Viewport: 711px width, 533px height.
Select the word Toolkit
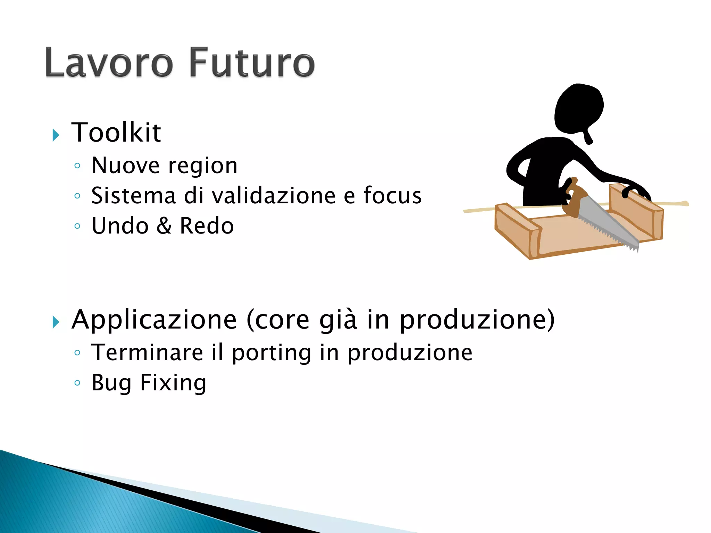click(116, 133)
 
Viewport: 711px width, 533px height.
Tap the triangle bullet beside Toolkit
click(56, 135)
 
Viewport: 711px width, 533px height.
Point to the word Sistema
click(133, 196)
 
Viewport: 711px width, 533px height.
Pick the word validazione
click(274, 196)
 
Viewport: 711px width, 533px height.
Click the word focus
click(392, 196)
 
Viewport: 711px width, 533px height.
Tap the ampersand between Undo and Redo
click(164, 226)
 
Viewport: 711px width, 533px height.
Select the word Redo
click(207, 226)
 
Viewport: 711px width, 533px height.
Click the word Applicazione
click(154, 320)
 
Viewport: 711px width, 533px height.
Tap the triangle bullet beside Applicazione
click(56, 322)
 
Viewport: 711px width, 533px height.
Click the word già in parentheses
click(337, 320)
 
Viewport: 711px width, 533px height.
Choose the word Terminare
click(147, 353)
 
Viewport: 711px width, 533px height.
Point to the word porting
click(271, 353)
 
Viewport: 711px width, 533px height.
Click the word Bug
click(111, 383)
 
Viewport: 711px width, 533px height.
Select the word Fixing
click(173, 383)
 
